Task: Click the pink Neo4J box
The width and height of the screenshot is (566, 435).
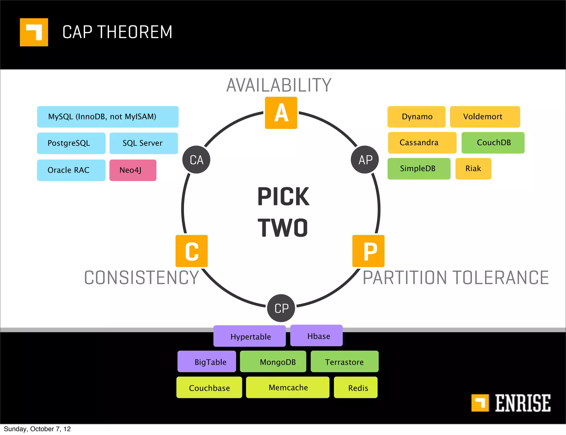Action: coord(133,170)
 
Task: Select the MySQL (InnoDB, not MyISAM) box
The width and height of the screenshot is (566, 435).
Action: coord(108,117)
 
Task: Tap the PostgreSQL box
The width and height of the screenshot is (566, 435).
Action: coord(71,143)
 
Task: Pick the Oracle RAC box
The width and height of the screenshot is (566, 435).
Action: coord(71,170)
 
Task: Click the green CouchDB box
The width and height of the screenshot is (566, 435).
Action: coord(493,143)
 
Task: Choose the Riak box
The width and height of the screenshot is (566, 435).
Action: coord(473,169)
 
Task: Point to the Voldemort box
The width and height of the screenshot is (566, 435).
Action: coord(485,117)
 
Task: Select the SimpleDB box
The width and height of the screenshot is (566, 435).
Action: coord(419,169)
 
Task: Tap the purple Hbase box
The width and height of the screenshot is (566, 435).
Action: coord(316,336)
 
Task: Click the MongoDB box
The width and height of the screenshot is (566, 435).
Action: coord(273,362)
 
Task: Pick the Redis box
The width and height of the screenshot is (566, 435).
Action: coord(356,388)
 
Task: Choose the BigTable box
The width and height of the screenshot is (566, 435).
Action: coord(207,362)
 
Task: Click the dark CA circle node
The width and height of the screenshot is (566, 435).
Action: coord(196,160)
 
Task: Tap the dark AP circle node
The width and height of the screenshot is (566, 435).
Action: coord(365,160)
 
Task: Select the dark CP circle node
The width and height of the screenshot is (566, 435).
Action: coord(281,308)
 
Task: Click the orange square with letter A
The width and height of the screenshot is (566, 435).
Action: coord(281,113)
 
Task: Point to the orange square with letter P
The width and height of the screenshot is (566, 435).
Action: coord(368,251)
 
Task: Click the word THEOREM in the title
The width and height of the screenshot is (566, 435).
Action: coord(135,32)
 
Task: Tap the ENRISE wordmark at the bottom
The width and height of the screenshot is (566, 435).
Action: coord(522,403)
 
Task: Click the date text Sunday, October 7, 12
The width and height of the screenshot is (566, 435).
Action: coord(37,429)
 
